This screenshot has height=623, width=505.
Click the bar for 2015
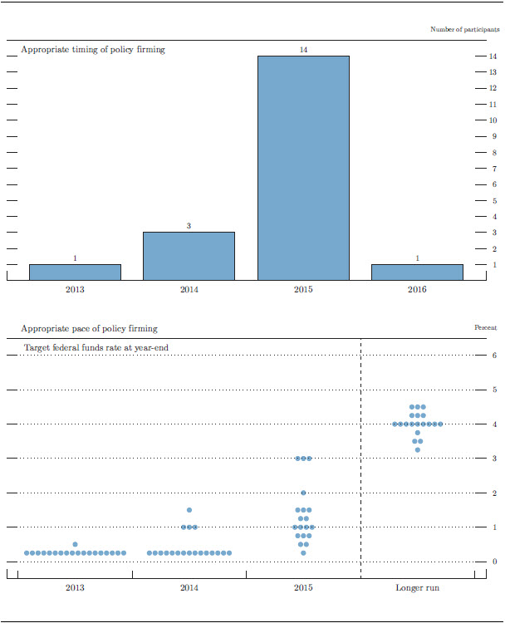[303, 168]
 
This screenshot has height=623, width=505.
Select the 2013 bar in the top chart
[75, 272]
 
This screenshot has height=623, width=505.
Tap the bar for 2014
[189, 256]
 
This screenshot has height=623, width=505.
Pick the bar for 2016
[417, 272]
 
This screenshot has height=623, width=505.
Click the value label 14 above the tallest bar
[303, 51]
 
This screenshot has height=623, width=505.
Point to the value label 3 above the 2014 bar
[189, 226]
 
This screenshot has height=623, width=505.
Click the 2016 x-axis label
[417, 291]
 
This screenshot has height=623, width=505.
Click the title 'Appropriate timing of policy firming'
[92, 50]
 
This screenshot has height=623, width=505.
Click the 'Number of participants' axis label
[464, 30]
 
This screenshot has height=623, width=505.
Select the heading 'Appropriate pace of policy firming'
[89, 329]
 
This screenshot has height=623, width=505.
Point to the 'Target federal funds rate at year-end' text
[96, 346]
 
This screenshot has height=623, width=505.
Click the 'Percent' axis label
[485, 328]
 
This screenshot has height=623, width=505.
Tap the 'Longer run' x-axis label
[417, 588]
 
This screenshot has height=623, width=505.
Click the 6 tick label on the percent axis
[494, 356]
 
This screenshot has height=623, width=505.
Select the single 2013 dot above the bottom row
[75, 544]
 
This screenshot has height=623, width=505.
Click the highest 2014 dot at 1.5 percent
[189, 510]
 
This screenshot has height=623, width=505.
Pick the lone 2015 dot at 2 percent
[303, 493]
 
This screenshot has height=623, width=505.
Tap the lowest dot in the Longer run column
[417, 450]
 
